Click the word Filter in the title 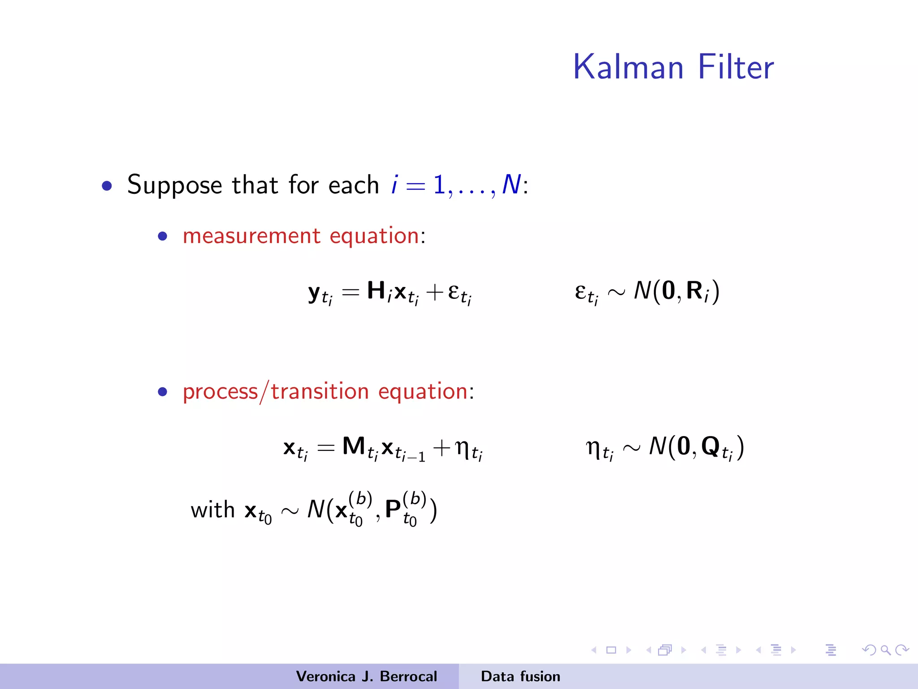736,67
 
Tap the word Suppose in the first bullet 174,185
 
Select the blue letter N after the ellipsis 511,184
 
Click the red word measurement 251,236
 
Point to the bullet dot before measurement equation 163,236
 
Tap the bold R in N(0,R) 694,290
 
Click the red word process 220,392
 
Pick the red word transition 320,391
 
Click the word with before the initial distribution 212,510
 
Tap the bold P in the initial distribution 393,509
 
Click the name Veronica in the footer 326,676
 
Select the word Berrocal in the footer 408,676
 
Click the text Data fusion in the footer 520,676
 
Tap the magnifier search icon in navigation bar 885,650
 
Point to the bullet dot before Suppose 107,186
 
